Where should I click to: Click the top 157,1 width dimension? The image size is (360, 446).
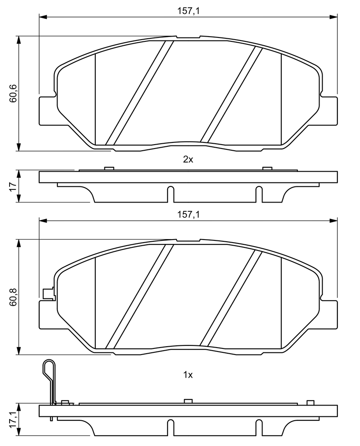tap(188, 11)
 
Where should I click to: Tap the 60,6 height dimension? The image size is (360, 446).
tap(13, 94)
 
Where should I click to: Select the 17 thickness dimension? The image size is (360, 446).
tap(13, 186)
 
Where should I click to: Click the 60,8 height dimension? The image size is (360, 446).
tap(13, 297)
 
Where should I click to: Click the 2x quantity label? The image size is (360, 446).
tap(188, 159)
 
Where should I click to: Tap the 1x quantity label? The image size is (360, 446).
tap(188, 375)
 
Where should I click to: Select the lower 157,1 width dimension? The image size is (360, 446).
tap(188, 214)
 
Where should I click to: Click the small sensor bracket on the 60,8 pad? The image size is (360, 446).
tap(48, 294)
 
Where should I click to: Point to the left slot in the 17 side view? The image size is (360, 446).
tap(170, 194)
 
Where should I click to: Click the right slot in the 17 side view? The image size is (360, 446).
tap(259, 194)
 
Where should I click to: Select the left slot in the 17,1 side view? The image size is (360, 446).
tap(170, 428)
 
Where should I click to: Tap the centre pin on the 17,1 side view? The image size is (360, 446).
tap(188, 401)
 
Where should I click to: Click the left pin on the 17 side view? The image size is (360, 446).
tap(109, 169)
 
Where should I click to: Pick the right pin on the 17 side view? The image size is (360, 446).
tap(267, 169)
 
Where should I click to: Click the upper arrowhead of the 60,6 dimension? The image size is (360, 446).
tap(19, 40)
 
